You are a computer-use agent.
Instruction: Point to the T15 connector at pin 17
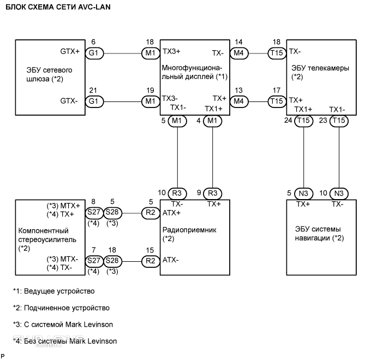tap(276, 101)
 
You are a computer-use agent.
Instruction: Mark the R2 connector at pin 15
tap(149, 261)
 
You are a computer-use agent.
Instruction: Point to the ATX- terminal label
tap(171, 261)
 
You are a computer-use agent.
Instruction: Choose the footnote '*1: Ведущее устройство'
tap(54, 291)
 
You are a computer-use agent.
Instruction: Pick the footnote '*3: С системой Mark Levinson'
tap(63, 325)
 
